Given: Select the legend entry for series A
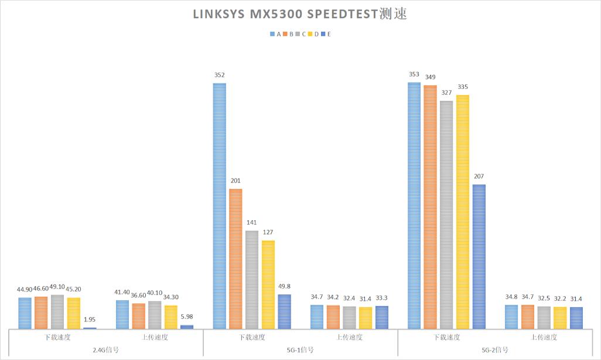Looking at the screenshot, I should click(x=275, y=34).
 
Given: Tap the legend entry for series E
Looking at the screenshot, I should click(x=325, y=34).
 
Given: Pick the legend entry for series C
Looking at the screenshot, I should click(x=300, y=34).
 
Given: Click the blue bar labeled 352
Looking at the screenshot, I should click(x=220, y=205).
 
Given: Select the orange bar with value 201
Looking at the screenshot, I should click(x=235, y=258).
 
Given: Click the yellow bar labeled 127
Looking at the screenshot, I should click(x=268, y=284).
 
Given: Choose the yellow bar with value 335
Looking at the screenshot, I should click(x=463, y=211).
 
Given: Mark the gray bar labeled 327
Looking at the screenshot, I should click(x=446, y=214).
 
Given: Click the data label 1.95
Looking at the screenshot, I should click(x=90, y=319).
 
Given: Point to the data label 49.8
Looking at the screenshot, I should click(x=284, y=286).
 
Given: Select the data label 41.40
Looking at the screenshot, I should click(x=122, y=292).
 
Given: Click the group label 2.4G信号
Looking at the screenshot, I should click(x=105, y=350).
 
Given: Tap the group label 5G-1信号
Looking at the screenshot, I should click(x=300, y=350).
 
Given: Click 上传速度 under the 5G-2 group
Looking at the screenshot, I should click(x=544, y=337).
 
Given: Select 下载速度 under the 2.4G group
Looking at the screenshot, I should click(x=57, y=337).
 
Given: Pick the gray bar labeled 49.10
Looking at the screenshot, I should click(x=57, y=311).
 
